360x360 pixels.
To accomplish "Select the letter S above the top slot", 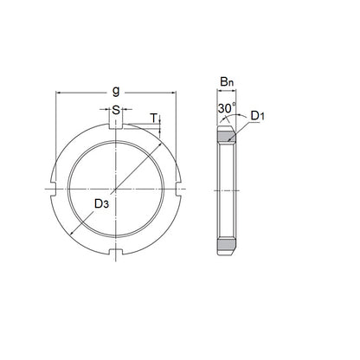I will click(x=115, y=110).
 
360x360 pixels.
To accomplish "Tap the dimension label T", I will click(x=154, y=118).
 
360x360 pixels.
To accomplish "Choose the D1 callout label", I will click(x=258, y=115).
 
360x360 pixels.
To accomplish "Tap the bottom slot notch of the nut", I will click(x=115, y=252).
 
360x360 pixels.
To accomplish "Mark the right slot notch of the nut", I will click(x=178, y=189).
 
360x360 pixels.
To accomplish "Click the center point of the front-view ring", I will click(x=115, y=189).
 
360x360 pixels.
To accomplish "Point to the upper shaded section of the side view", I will click(x=228, y=137).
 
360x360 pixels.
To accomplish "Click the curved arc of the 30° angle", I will click(x=227, y=119).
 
